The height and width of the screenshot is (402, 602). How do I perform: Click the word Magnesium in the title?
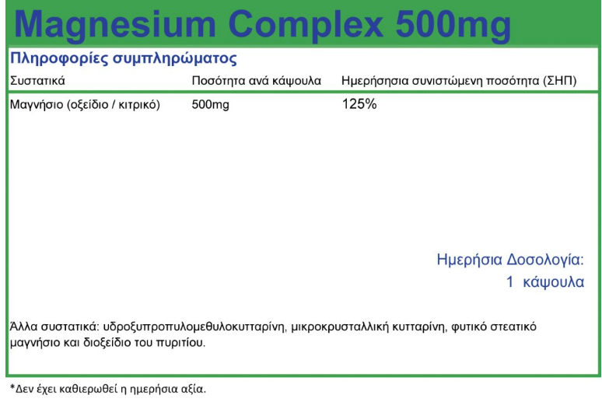point(114,26)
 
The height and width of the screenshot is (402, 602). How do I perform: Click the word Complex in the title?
point(305,26)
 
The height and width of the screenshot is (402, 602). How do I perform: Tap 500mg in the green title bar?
point(453,26)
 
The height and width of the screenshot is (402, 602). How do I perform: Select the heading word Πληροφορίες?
point(59,59)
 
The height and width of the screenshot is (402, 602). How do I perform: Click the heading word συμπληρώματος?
point(175,59)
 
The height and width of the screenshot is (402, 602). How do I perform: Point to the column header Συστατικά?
point(37,81)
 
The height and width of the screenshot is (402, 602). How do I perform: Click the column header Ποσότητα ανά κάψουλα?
point(257,81)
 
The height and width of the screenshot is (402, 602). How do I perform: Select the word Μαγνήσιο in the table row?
point(37,104)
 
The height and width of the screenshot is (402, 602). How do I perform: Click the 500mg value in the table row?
point(211,105)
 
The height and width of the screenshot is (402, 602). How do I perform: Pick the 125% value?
point(359,104)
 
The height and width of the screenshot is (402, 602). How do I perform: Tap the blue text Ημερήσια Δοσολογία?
point(510,260)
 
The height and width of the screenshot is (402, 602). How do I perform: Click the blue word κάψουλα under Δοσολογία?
point(553,282)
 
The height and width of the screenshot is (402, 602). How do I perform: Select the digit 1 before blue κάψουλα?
point(510,281)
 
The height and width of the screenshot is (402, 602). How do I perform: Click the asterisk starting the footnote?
point(12,387)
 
